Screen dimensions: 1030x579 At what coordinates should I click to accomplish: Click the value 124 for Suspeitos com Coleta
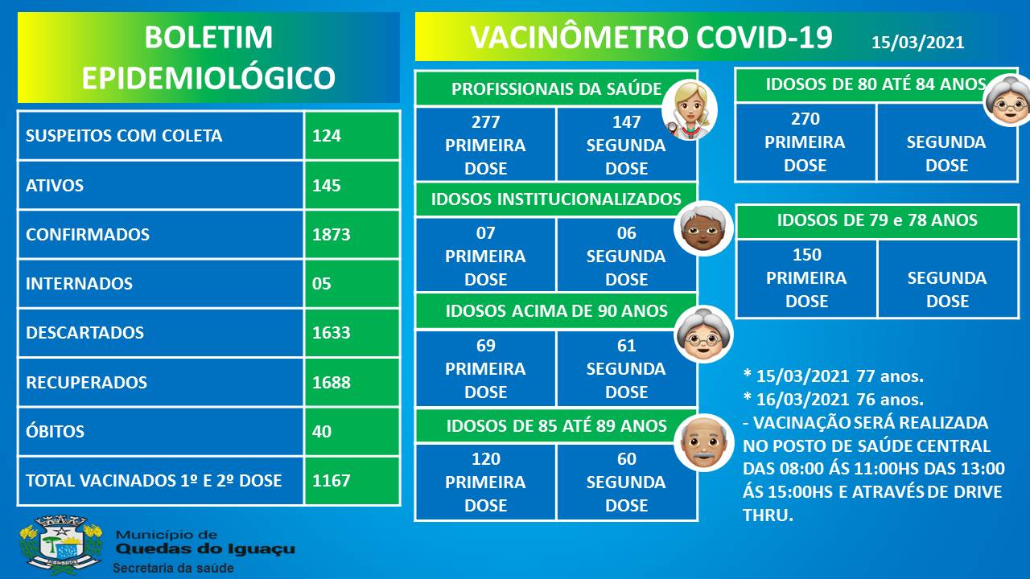pos(327,136)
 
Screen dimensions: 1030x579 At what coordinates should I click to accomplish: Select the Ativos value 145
pos(327,185)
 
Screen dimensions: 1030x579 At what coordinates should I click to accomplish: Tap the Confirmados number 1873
pos(331,234)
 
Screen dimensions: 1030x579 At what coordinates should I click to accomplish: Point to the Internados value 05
pos(321,284)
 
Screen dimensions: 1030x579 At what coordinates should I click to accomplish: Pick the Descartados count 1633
pos(331,333)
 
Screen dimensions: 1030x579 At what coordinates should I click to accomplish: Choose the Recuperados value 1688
pos(331,382)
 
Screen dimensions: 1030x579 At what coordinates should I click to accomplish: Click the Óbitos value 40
pos(321,432)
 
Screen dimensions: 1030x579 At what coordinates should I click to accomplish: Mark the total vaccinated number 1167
pos(331,481)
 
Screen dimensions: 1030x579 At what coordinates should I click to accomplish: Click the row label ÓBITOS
pos(56,430)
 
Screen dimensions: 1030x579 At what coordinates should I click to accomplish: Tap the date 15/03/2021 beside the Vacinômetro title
pos(918,43)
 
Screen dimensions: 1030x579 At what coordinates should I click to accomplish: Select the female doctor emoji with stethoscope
pos(690,110)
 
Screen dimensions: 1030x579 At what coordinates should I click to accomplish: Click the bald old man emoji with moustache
pos(703,442)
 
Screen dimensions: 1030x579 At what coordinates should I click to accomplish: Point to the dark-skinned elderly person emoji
pos(703,228)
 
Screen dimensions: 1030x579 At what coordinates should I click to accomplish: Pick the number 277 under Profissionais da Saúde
pos(485,122)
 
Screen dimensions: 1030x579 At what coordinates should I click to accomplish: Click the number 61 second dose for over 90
pos(626,346)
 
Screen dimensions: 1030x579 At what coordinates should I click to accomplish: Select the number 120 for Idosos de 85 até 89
pos(485,459)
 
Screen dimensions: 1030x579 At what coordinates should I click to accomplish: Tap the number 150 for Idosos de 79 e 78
pos(806,255)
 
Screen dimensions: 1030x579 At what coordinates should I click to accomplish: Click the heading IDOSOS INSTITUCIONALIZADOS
pos(556,199)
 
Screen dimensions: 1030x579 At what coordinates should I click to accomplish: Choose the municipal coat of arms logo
pos(61,545)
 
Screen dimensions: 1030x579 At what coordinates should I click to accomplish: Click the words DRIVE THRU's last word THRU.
pos(768,515)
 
